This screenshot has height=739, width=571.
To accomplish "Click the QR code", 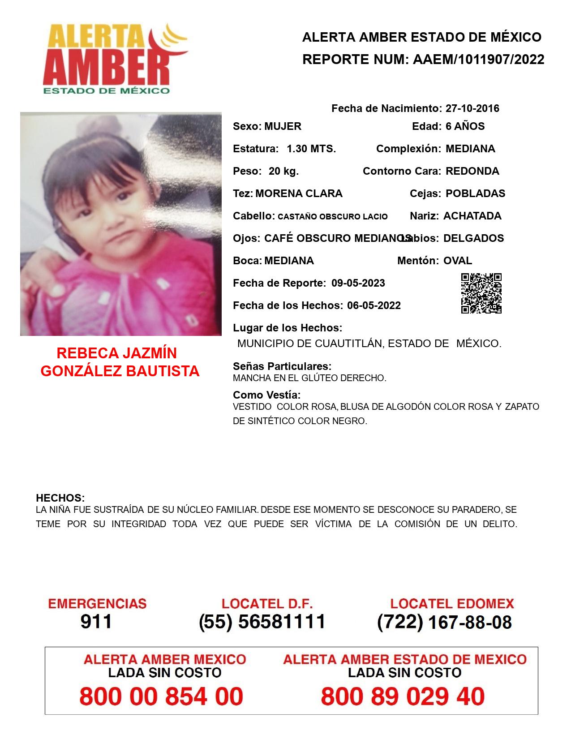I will [481, 293].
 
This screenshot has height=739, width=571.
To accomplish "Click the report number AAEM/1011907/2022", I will [478, 60].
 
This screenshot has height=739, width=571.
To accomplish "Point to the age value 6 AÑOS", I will [465, 126].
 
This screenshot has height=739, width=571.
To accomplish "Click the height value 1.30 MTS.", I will [311, 149].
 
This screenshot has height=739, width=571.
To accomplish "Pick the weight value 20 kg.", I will [283, 171].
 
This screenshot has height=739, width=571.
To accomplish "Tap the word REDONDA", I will [472, 171].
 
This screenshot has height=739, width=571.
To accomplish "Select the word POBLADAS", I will [475, 193].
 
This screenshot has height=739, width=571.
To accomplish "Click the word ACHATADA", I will [472, 216].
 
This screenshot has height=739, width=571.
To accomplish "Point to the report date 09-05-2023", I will [358, 283].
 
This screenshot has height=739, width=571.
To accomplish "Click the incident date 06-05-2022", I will [374, 305].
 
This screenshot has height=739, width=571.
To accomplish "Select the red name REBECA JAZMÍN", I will [117, 353].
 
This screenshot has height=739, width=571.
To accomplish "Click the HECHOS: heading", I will [60, 498].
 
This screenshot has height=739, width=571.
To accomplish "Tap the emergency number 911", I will [96, 622].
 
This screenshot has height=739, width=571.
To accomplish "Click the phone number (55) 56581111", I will [262, 622].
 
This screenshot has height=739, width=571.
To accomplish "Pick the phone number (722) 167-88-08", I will [444, 622].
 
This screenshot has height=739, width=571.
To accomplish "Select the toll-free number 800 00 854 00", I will [161, 696].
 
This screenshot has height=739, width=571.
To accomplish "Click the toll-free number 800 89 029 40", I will [403, 696].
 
